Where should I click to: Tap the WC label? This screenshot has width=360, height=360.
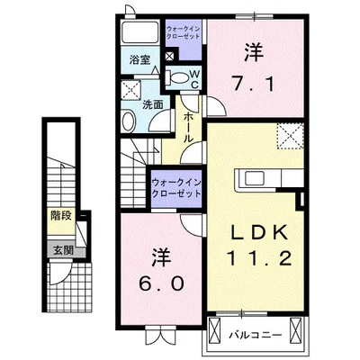pyautogui.click(x=193, y=78)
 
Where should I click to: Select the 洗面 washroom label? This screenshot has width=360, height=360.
pyautogui.click(x=150, y=104)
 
